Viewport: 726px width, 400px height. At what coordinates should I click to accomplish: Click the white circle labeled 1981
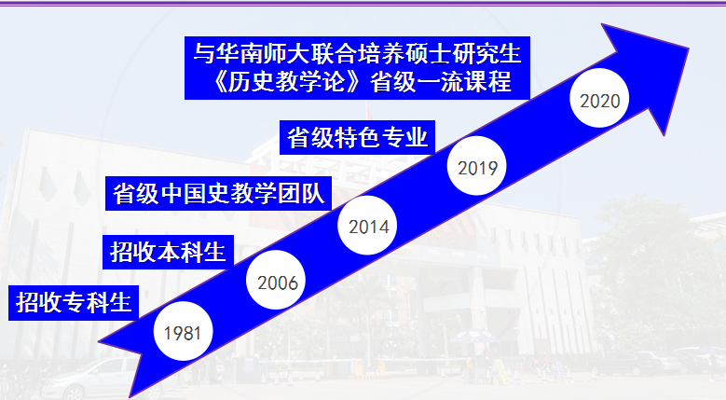[184, 331]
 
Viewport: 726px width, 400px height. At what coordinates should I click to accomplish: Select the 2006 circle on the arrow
[276, 280]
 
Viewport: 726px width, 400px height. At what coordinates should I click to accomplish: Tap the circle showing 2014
[367, 226]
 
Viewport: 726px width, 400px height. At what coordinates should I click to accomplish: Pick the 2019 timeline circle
[477, 166]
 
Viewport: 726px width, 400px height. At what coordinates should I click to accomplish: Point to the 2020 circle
[599, 98]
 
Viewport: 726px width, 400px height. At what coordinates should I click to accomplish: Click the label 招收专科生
[74, 303]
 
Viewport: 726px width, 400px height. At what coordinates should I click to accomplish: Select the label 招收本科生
[168, 253]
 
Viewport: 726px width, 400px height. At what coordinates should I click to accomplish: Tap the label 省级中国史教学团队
[218, 194]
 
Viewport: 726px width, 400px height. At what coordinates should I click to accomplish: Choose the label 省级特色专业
[358, 137]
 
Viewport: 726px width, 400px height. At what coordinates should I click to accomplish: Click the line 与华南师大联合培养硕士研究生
[358, 53]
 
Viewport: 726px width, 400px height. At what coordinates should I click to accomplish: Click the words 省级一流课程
[441, 82]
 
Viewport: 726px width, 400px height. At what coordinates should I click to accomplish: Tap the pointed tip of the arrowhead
[689, 48]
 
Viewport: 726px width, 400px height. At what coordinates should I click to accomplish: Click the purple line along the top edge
[363, 4]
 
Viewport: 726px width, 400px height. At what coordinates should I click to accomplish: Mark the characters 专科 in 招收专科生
[86, 303]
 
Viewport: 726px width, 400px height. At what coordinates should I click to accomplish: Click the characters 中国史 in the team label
[195, 194]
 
